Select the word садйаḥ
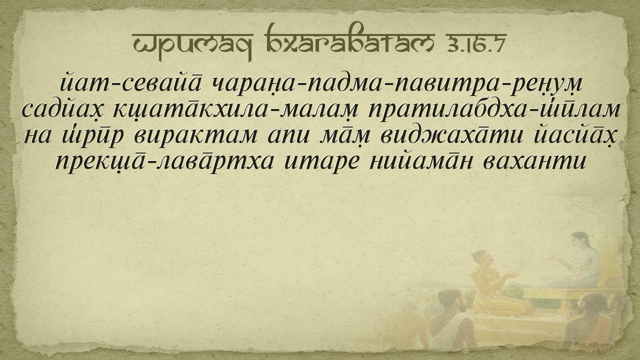tap(63, 110)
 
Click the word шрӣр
tap(93, 136)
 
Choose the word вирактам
tap(195, 136)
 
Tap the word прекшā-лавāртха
tap(164, 162)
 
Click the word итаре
tap(321, 162)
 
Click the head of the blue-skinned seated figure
tap(580, 241)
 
